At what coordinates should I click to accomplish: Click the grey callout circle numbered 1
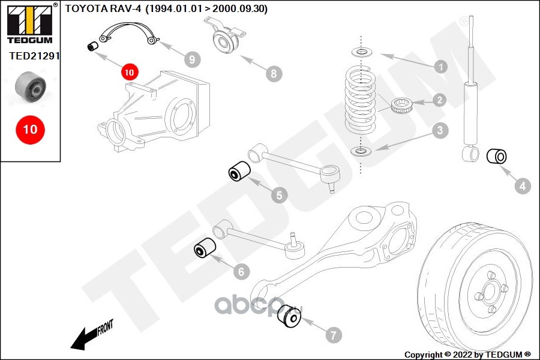point(440,66)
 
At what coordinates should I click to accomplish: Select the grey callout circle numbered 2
point(440,100)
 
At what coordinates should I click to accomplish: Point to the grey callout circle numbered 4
point(523,186)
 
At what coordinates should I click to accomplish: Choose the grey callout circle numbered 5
point(278,194)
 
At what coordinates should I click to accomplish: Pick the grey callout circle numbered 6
point(241,272)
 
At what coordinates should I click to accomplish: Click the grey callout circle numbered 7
point(334,334)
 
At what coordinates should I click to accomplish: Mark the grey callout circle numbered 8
point(273,74)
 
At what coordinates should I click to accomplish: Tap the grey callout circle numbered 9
point(192,59)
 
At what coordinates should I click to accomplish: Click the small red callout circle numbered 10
point(129,72)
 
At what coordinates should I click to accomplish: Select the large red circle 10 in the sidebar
point(30,129)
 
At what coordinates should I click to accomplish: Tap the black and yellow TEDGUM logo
point(29,24)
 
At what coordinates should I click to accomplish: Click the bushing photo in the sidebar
point(30,88)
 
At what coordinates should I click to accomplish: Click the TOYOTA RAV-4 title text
point(166,8)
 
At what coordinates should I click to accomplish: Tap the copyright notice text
point(468,354)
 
